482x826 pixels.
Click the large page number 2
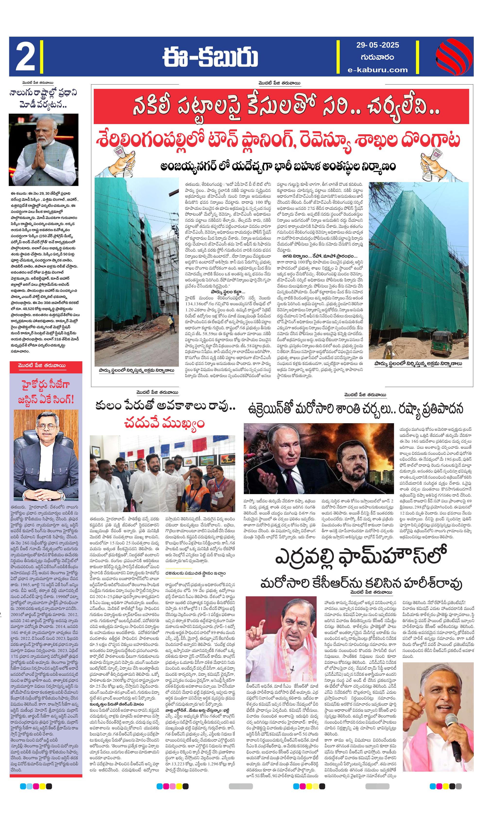(x=25, y=56)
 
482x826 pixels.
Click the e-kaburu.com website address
(x=378, y=69)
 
